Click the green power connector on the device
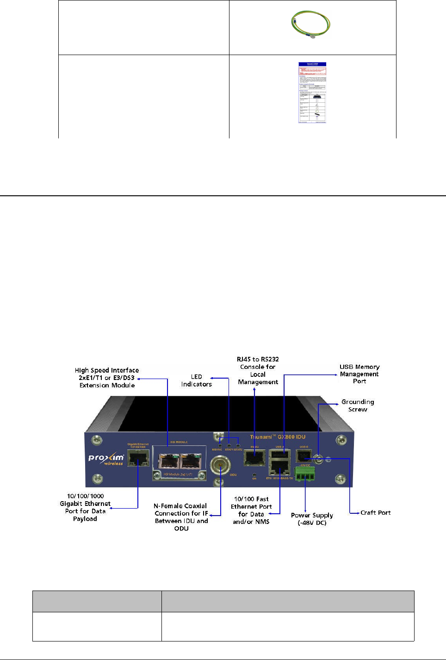pos(304,473)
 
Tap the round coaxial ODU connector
pos(221,464)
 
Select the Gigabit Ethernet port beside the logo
pos(138,459)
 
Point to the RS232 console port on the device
pos(254,458)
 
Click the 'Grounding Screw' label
pos(358,405)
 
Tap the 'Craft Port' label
pos(375,512)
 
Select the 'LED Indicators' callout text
pos(197,380)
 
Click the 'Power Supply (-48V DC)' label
pos(312,519)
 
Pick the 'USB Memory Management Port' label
pos(359,374)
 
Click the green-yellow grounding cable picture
pos(310,25)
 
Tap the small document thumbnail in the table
pos(312,93)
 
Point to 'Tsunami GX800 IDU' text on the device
pos(278,436)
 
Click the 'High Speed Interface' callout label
pos(107,378)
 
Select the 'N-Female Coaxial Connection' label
pos(181,517)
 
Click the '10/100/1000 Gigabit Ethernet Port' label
pos(85,507)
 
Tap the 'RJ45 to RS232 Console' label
pos(258,370)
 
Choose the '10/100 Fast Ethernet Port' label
pos(251,510)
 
